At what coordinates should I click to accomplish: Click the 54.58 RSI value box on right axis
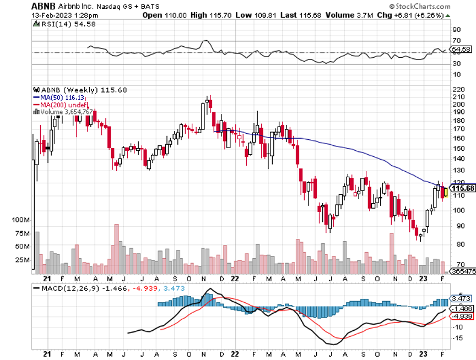tap(461, 49)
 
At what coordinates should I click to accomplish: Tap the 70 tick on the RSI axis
tap(456, 41)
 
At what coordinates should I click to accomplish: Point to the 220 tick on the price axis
tap(458, 89)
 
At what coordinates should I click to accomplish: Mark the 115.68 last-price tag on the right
tap(462, 188)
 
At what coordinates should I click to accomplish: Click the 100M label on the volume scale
tap(20, 220)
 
